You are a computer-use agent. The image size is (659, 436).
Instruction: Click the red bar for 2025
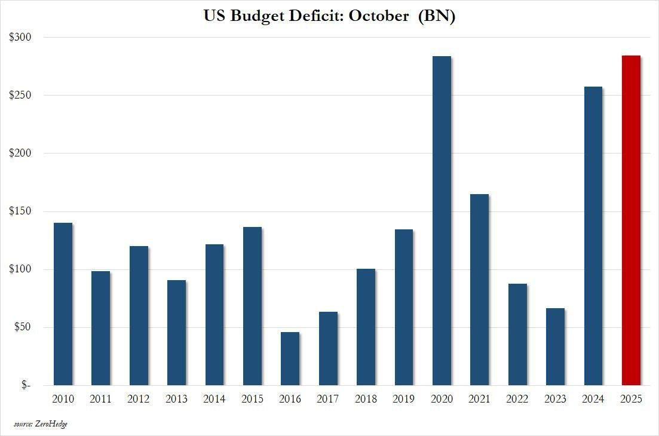[x=631, y=220]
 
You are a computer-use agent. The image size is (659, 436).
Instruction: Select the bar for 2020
[x=442, y=220]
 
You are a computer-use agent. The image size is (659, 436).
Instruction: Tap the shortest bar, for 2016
[x=290, y=358]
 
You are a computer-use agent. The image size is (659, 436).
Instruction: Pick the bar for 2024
[x=593, y=236]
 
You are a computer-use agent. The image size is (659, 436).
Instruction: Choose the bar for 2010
[x=63, y=304]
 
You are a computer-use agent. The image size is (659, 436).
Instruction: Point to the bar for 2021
[x=479, y=290]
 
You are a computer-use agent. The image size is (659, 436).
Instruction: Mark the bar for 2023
[x=555, y=346]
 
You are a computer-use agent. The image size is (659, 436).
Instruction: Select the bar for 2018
[x=366, y=327]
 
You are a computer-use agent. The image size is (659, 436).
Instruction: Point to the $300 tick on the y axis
[x=21, y=37]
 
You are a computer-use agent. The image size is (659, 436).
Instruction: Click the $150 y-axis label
[x=21, y=211]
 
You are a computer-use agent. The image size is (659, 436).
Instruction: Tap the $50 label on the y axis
[x=23, y=327]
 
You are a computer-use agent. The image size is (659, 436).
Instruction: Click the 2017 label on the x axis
[x=328, y=399]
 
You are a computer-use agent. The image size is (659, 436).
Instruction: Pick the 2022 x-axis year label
[x=517, y=399]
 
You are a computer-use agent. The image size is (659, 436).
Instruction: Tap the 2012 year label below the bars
[x=139, y=399]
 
